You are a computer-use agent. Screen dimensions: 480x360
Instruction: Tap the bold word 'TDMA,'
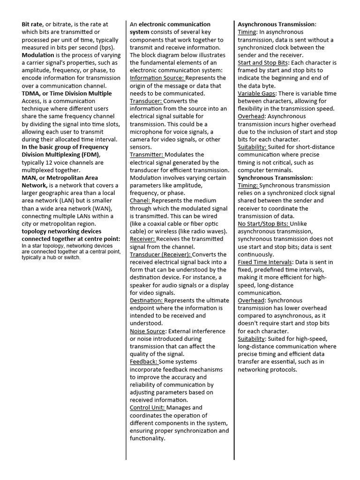point(32,93)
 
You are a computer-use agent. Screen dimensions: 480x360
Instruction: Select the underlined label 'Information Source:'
point(157,78)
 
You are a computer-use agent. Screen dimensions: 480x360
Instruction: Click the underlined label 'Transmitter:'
point(147,155)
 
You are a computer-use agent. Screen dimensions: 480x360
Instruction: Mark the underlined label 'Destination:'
point(146,300)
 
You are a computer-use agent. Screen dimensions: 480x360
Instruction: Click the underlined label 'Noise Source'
point(148,331)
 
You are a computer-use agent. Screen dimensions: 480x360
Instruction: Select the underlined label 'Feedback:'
point(144,362)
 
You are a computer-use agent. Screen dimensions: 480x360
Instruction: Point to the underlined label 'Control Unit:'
point(147,408)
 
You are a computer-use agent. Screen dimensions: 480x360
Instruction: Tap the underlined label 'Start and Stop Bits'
point(262,62)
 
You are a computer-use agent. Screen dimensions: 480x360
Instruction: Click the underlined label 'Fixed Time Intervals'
point(265,262)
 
